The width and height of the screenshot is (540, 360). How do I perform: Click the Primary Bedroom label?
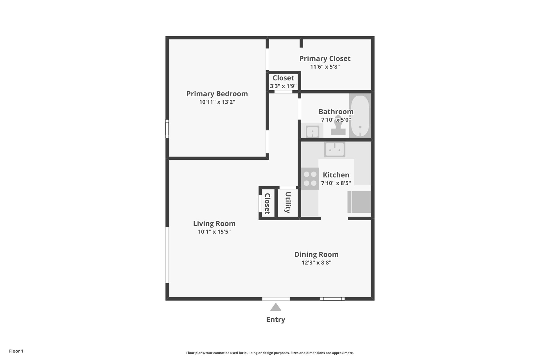(x=217, y=94)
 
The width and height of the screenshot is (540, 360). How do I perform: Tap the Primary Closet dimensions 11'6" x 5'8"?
(x=325, y=67)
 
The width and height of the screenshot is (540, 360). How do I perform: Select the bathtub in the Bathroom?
(x=360, y=116)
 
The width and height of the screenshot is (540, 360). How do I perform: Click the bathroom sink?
(x=312, y=131)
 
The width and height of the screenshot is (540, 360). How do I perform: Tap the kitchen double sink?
(x=335, y=149)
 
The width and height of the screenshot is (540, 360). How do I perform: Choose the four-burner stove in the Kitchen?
(x=310, y=179)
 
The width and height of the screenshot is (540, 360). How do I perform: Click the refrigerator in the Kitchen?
(x=359, y=202)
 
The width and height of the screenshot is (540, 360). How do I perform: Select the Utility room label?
(x=288, y=202)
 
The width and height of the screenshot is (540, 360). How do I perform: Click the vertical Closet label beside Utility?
(x=267, y=204)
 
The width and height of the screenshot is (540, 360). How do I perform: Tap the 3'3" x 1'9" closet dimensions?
(x=283, y=86)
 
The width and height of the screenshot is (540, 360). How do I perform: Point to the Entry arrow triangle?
(x=276, y=307)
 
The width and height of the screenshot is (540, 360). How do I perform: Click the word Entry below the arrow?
(x=276, y=319)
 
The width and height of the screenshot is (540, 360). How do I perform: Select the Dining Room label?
(x=316, y=254)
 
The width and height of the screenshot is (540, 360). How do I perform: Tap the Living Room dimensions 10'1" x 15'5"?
(x=214, y=232)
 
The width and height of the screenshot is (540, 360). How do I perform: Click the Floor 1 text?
(x=16, y=351)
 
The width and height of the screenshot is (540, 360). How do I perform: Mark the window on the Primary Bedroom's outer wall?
(x=167, y=129)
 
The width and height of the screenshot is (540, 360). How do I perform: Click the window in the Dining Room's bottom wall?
(x=332, y=299)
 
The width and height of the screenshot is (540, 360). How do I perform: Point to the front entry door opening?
(x=276, y=299)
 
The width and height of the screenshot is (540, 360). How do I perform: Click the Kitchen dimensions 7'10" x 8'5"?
(x=336, y=183)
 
